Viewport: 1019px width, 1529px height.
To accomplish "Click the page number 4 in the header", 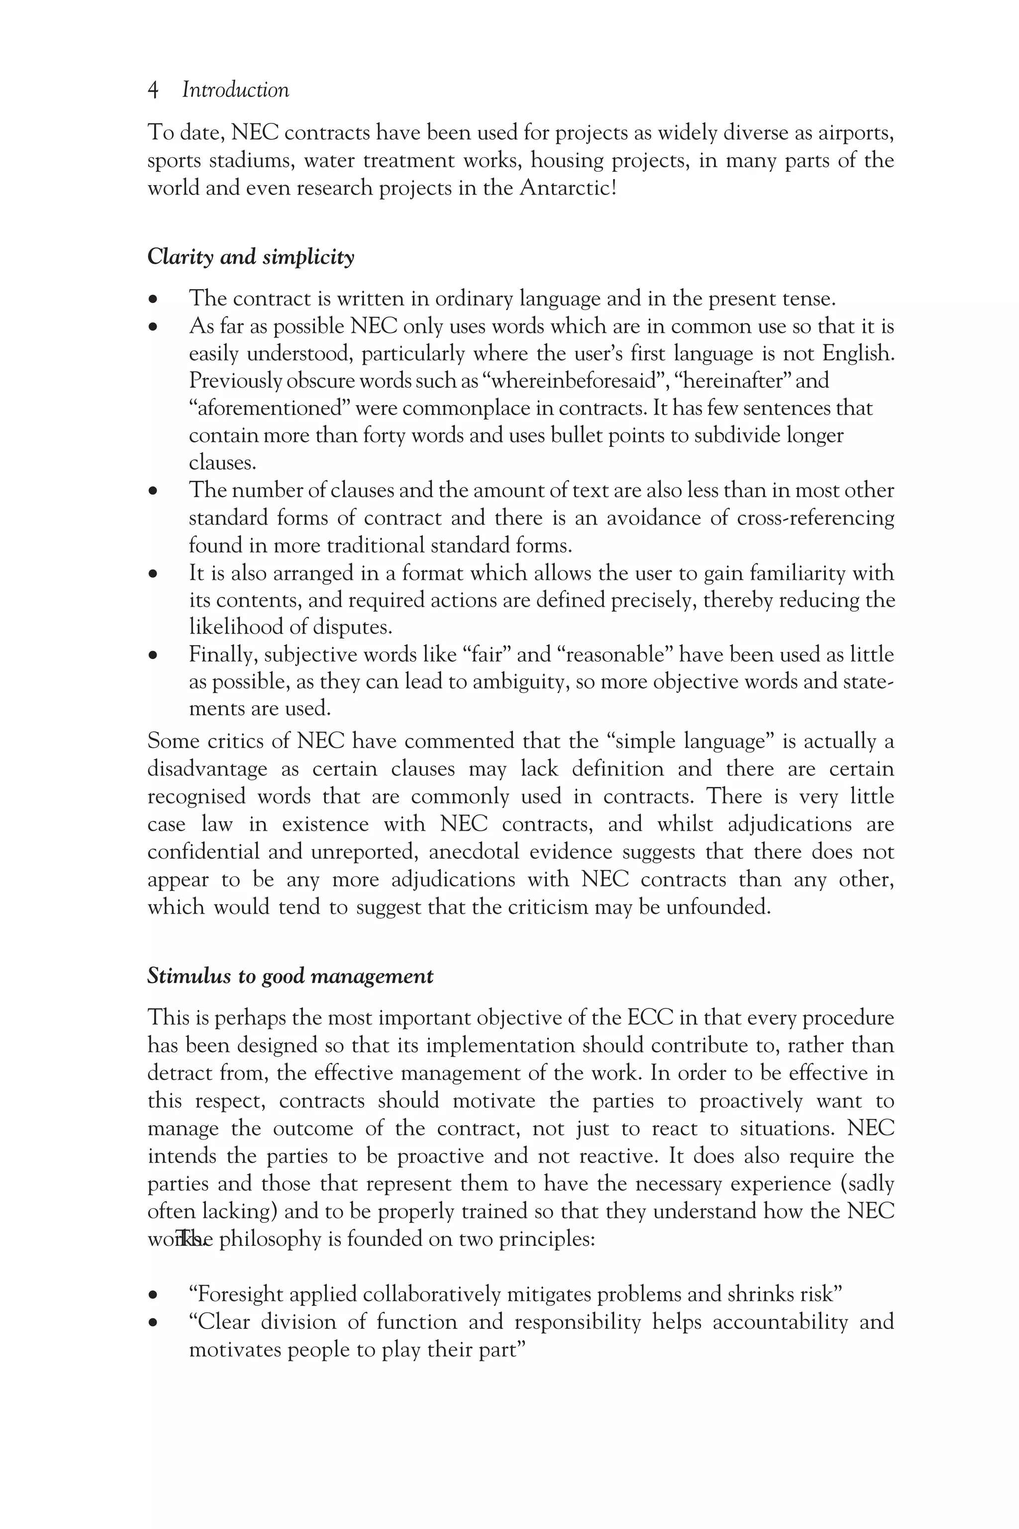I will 153,91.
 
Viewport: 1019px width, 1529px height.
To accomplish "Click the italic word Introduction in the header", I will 235,91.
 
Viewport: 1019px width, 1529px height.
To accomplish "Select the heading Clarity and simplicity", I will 251,257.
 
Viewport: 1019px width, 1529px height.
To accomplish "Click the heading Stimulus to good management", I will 290,977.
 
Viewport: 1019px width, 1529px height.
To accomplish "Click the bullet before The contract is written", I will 153,300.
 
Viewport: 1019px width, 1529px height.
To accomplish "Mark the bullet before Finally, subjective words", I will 153,656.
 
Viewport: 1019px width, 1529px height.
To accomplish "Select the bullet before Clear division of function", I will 153,1323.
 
